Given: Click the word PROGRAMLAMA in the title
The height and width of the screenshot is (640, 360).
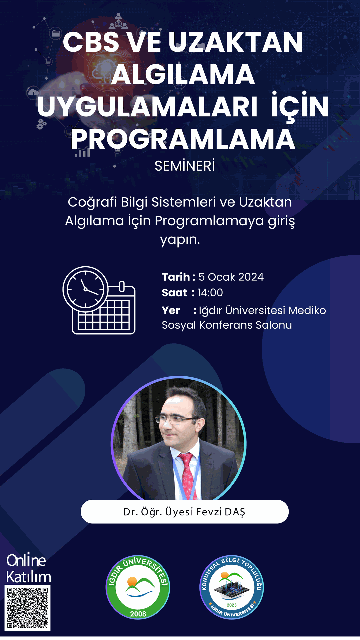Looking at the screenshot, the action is pyautogui.click(x=183, y=139).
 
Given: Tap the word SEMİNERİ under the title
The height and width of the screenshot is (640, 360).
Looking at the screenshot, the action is pyautogui.click(x=185, y=166).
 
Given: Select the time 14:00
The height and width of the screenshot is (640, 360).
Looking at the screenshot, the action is pyautogui.click(x=210, y=293).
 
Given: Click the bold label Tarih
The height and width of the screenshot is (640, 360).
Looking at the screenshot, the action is pyautogui.click(x=176, y=277).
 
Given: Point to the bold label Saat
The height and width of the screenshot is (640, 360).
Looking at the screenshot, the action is pyautogui.click(x=174, y=293).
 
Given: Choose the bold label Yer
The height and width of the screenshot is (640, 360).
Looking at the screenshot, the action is pyautogui.click(x=171, y=311).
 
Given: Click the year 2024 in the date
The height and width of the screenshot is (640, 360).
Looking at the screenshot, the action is pyautogui.click(x=251, y=277).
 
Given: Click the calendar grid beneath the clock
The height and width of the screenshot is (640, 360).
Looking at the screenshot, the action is pyautogui.click(x=104, y=315).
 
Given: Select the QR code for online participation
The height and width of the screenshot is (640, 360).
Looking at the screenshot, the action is pyautogui.click(x=28, y=608).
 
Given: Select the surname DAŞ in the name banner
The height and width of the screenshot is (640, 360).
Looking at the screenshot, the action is pyautogui.click(x=235, y=512).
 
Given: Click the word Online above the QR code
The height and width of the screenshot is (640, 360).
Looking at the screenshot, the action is pyautogui.click(x=26, y=560).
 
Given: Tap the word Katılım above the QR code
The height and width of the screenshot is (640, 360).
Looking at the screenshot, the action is pyautogui.click(x=29, y=577).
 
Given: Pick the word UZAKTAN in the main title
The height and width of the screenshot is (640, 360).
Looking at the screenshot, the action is pyautogui.click(x=235, y=42).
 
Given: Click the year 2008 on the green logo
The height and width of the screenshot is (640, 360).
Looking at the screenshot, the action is pyautogui.click(x=138, y=614).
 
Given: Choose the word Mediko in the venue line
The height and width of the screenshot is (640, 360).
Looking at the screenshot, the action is pyautogui.click(x=307, y=310).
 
